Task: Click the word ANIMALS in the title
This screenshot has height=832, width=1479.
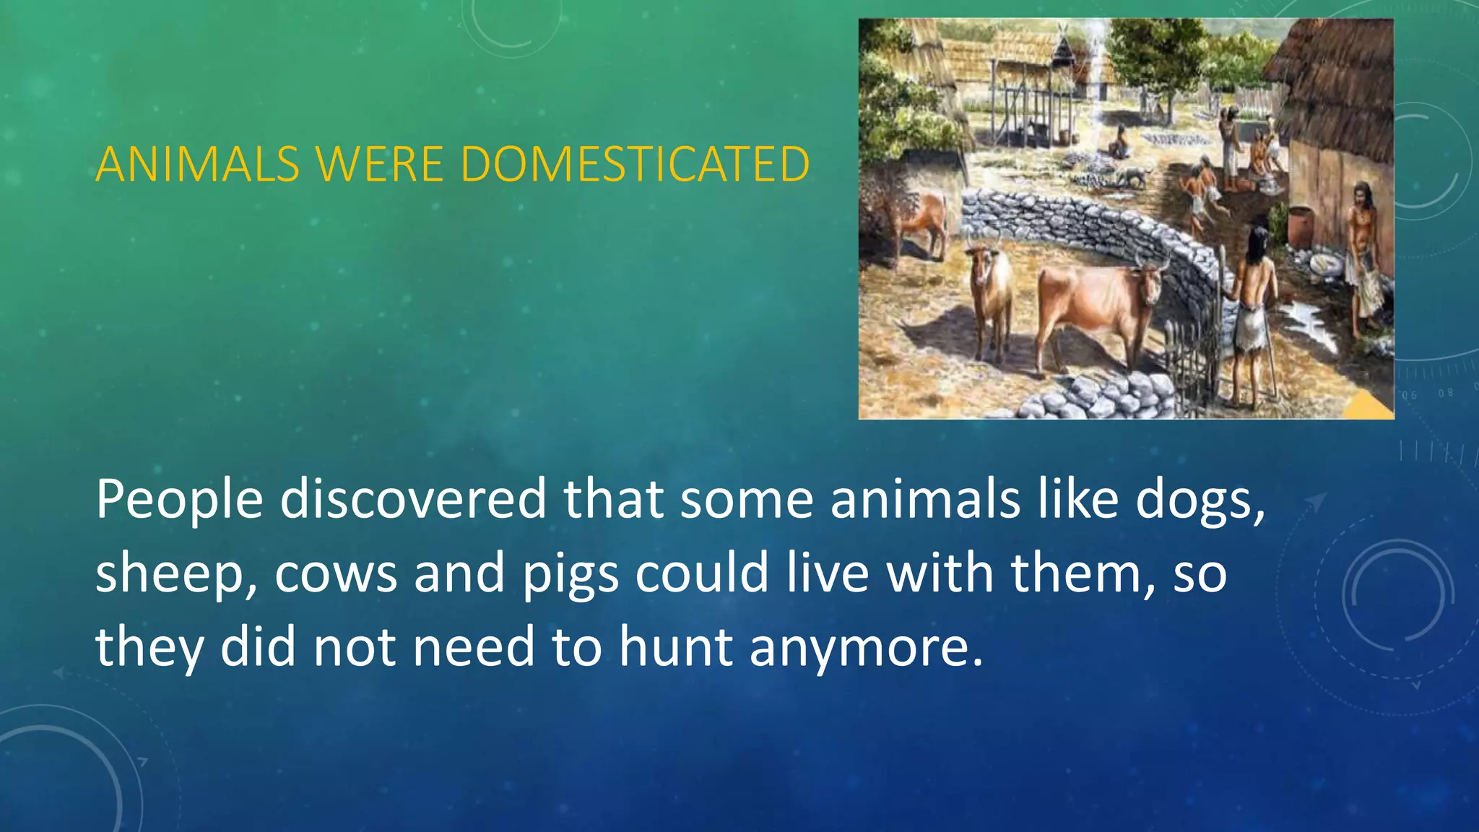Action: click(x=196, y=164)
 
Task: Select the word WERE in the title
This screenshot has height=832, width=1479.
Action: click(x=379, y=164)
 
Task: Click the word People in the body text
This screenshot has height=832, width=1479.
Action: click(x=179, y=500)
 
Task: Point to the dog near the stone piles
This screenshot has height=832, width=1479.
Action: click(x=1134, y=175)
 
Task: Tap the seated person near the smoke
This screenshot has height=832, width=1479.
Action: click(x=1119, y=142)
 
